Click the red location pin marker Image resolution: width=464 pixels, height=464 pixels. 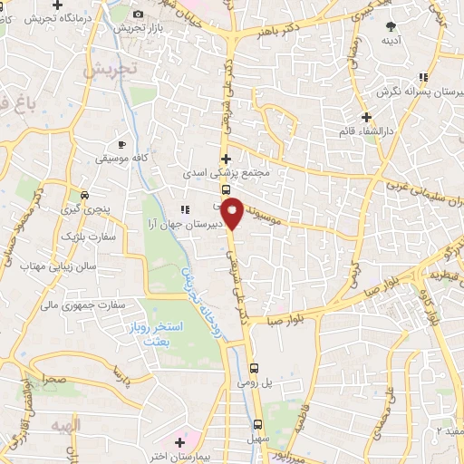coord(233,212)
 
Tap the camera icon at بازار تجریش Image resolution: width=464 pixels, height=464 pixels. coord(138,14)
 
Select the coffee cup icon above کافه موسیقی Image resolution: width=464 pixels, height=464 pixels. coord(122,144)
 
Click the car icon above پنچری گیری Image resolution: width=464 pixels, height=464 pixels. coord(84,195)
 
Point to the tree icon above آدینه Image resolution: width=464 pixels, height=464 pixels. coord(391,26)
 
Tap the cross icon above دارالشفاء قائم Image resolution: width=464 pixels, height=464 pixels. coord(366,117)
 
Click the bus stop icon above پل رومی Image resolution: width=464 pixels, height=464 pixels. coord(255,368)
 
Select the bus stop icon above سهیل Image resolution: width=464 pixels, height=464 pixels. coord(257,424)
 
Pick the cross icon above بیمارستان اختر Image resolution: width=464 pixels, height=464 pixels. coord(179,443)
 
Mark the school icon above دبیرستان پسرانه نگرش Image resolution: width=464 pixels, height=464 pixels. coord(423,78)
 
